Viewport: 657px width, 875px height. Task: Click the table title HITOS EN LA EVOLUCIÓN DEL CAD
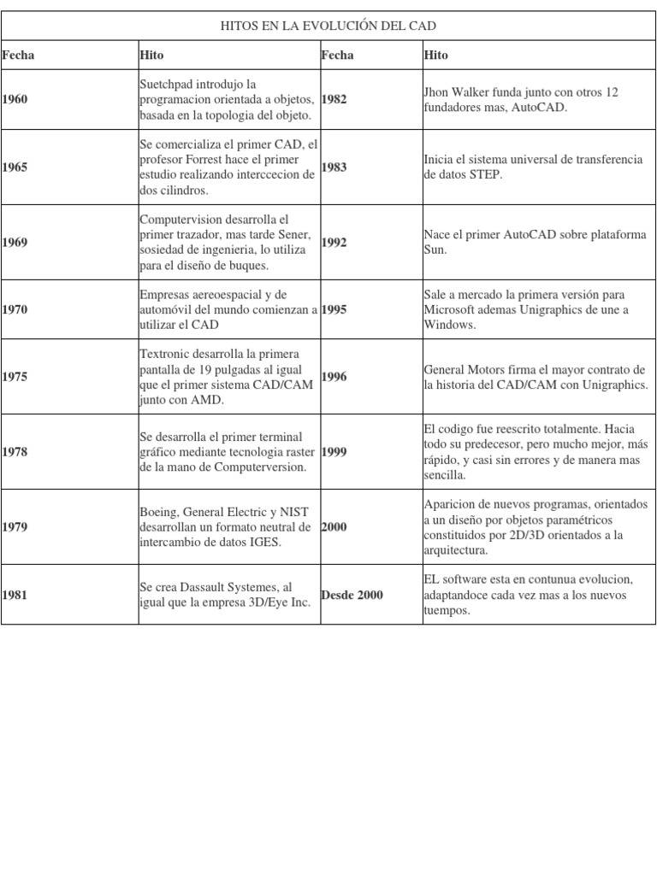point(328,26)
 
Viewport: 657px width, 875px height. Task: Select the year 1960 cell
point(15,99)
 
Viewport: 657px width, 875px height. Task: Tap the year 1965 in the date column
point(15,167)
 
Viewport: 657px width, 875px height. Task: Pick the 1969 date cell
point(15,243)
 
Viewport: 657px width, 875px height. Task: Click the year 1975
point(15,377)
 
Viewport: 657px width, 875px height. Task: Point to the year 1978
point(15,452)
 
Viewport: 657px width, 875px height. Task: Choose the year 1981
point(15,595)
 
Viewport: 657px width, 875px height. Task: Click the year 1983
point(334,167)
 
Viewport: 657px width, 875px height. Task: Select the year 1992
point(334,243)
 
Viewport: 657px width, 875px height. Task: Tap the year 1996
point(334,377)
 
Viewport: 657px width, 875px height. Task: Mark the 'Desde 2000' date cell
point(352,595)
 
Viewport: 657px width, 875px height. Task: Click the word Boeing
point(159,512)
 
